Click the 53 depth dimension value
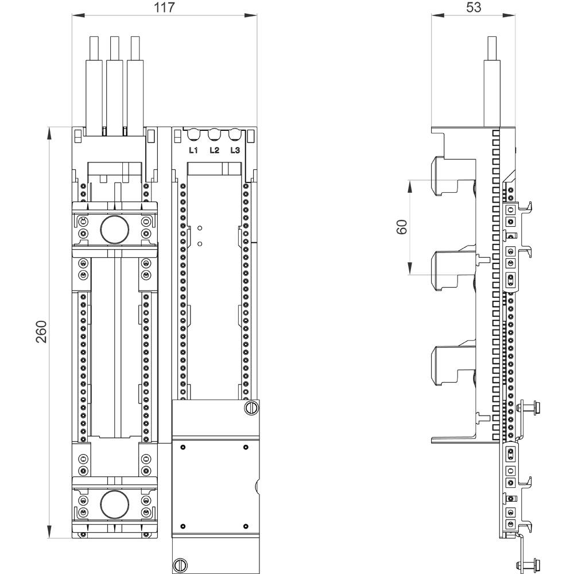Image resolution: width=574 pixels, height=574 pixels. tap(474, 7)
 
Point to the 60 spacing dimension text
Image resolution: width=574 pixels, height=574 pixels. tap(402, 227)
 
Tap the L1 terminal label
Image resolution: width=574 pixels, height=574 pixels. tap(193, 150)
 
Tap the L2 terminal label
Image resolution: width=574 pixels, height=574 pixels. tap(214, 150)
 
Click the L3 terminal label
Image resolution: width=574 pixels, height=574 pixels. tap(234, 150)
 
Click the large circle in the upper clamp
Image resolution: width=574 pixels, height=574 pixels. tap(114, 229)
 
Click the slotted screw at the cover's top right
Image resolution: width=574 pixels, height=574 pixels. tap(251, 408)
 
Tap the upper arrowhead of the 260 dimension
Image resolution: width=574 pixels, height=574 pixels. tap(50, 132)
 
